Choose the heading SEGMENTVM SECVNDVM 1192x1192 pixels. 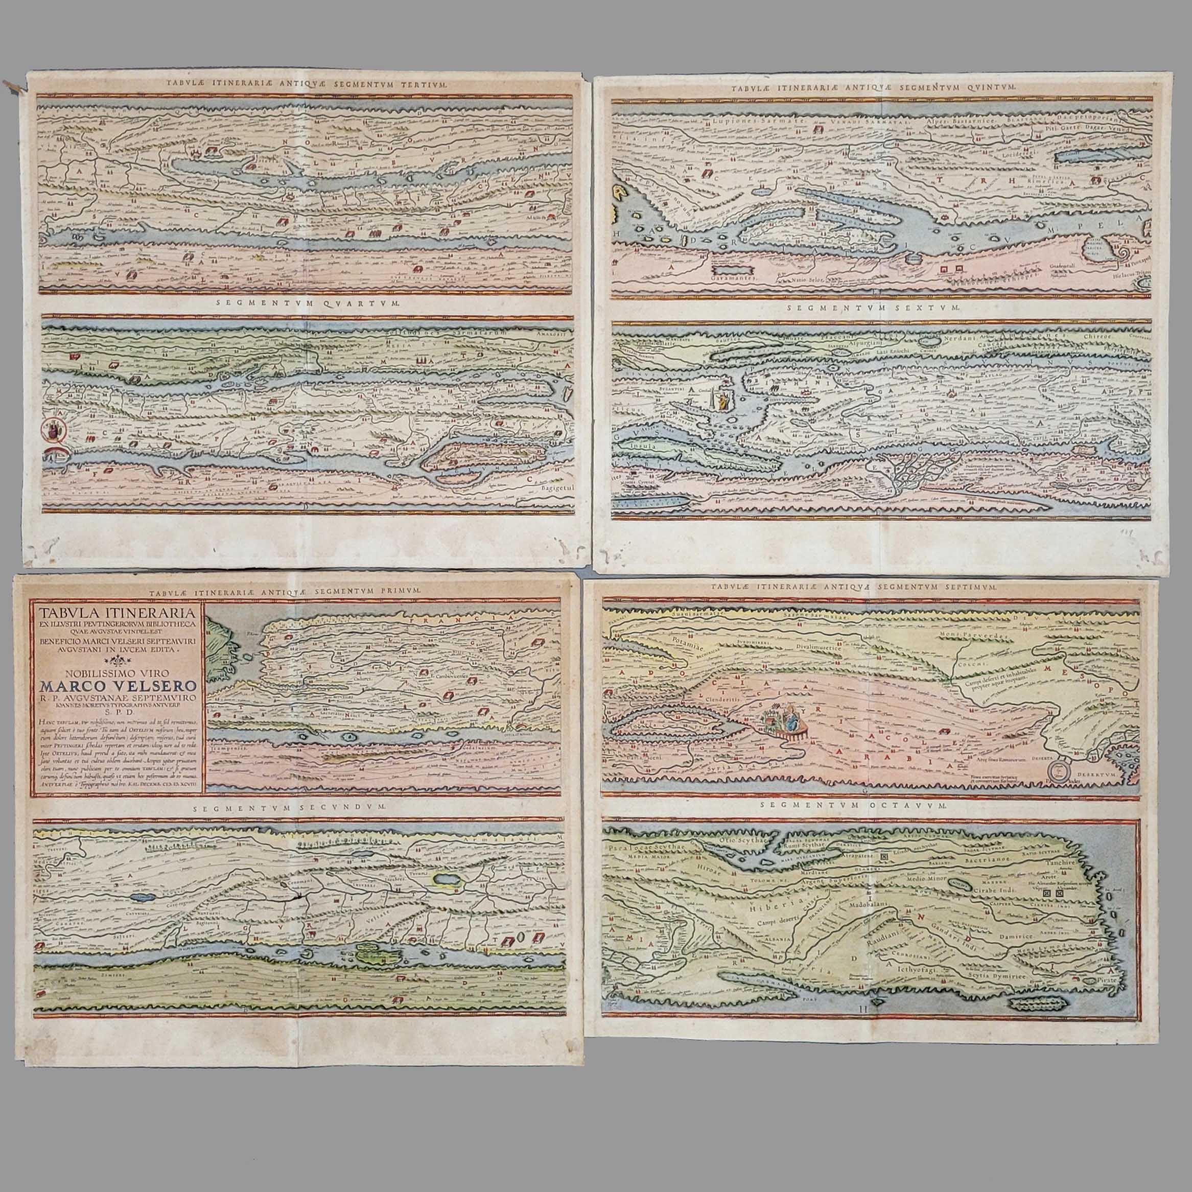(289, 806)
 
